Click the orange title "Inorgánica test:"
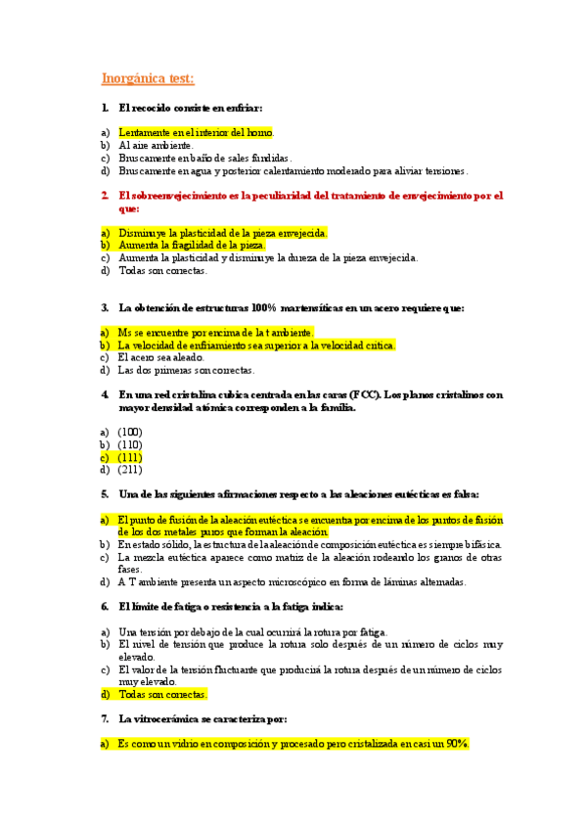click(x=148, y=78)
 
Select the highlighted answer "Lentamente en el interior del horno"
click(x=196, y=131)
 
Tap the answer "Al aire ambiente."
click(x=156, y=144)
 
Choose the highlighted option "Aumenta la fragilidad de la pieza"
click(x=184, y=245)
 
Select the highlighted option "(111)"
click(x=129, y=456)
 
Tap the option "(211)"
click(x=129, y=469)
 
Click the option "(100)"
click(x=129, y=431)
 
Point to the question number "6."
click(x=106, y=607)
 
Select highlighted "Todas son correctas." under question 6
click(x=162, y=694)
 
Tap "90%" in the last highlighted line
click(x=456, y=744)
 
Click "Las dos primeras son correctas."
click(x=186, y=370)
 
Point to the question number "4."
click(x=106, y=394)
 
